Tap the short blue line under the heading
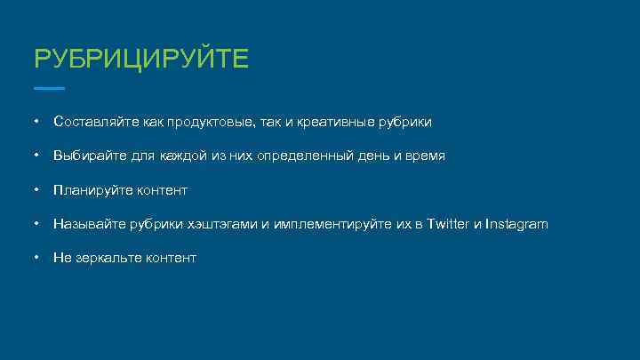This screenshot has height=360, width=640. [x=49, y=88]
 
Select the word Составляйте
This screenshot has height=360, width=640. [x=91, y=121]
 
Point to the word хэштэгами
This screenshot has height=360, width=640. [x=222, y=224]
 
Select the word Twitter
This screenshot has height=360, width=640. [x=447, y=224]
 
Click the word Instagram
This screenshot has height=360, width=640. [x=517, y=224]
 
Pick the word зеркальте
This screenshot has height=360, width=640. [x=104, y=258]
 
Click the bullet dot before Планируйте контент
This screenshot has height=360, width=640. [x=35, y=189]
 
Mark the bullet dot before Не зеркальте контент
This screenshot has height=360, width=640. [x=35, y=257]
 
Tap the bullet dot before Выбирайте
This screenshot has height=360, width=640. [x=35, y=155]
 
